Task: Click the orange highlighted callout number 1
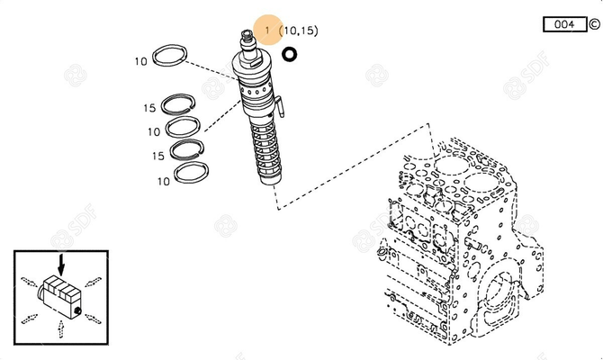[267, 31]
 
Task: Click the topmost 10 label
[141, 62]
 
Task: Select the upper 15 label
[148, 108]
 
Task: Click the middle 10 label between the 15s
[155, 132]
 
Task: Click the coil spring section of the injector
[266, 148]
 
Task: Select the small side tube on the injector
[280, 109]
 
